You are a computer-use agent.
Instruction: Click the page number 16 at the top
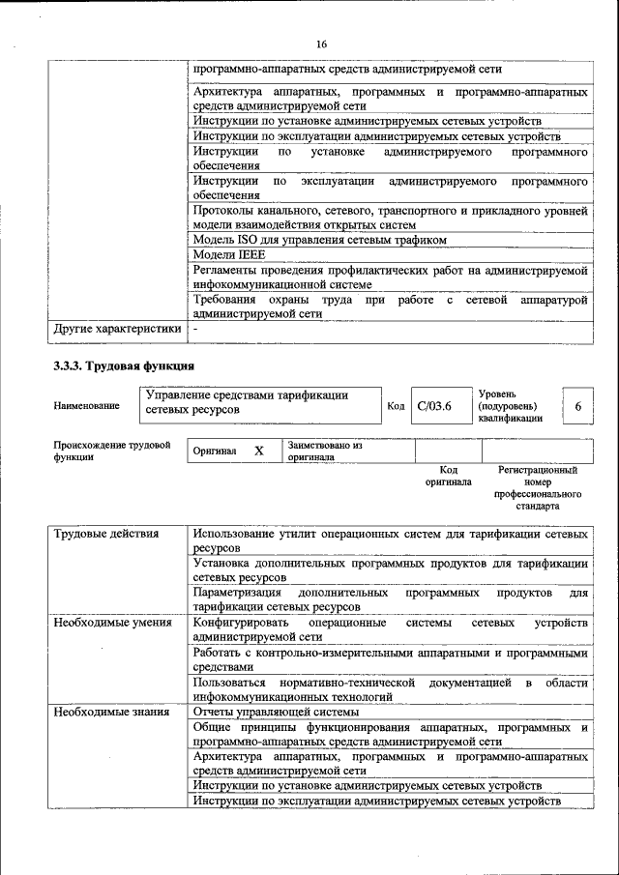coord(321,44)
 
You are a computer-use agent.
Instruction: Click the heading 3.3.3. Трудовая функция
coord(123,366)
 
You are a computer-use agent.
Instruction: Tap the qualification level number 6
coord(577,407)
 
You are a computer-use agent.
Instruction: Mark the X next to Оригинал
coord(258,452)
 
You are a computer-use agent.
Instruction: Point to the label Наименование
coord(87,406)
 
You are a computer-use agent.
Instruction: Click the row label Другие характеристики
coord(117,329)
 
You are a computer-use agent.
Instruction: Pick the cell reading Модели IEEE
coord(229,254)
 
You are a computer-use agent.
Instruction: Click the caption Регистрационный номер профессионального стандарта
coord(538,487)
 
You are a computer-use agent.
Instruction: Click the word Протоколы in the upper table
coord(224,211)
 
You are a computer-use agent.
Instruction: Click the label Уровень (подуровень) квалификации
coord(512,406)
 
